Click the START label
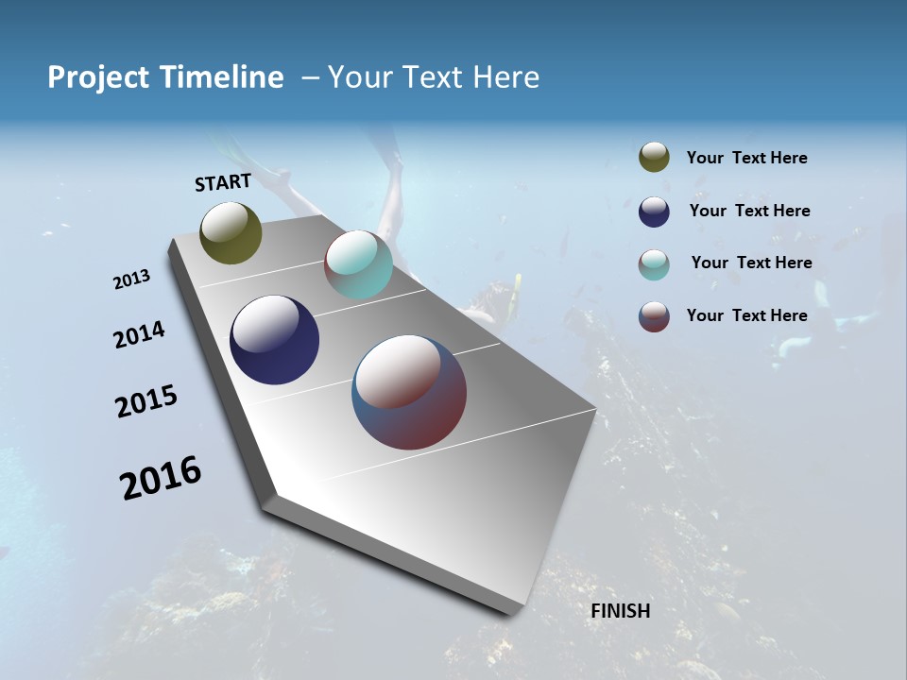point(223,182)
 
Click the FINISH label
point(620,611)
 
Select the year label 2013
point(131,280)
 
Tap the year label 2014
point(139,335)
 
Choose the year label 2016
point(161,478)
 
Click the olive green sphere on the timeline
point(231,232)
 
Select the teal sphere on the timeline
point(358,264)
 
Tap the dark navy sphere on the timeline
point(274,340)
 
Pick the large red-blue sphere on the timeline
point(409,392)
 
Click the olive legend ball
point(654,158)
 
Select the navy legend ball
point(654,212)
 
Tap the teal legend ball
point(654,264)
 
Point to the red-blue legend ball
point(654,316)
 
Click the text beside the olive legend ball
point(746,159)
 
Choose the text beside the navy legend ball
point(749,211)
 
